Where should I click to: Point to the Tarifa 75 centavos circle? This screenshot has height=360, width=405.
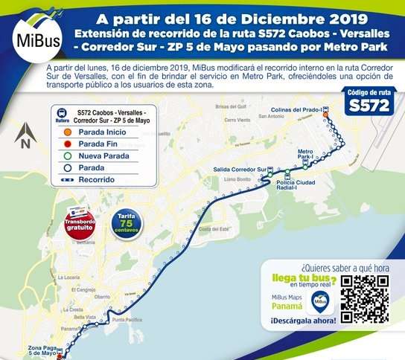[124, 224]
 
